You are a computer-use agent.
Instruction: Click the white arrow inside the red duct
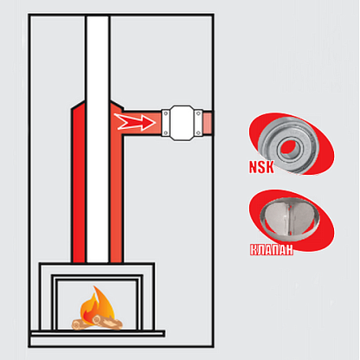click(x=135, y=122)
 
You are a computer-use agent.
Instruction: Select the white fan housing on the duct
click(x=182, y=123)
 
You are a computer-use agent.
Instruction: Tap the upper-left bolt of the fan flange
click(x=166, y=113)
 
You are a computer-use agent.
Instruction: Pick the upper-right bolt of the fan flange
click(x=198, y=113)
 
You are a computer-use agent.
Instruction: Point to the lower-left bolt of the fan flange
click(x=166, y=132)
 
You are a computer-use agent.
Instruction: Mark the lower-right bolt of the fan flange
click(x=198, y=132)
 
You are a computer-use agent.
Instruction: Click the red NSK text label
click(x=261, y=167)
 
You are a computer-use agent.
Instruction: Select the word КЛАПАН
click(x=271, y=249)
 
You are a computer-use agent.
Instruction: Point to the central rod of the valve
click(x=286, y=219)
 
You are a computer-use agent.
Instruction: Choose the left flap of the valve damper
click(x=274, y=218)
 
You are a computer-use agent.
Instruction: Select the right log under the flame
click(x=107, y=322)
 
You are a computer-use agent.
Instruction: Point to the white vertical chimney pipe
click(x=98, y=138)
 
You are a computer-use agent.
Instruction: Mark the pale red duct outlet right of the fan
click(x=207, y=123)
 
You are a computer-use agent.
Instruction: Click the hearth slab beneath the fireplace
click(x=98, y=334)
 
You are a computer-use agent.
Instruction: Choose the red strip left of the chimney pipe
click(x=80, y=184)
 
